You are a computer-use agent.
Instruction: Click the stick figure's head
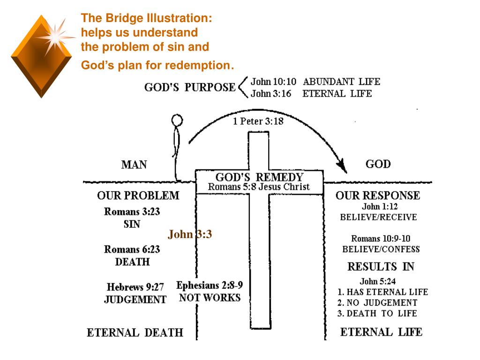[177, 120]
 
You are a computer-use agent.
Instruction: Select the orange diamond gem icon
[41, 57]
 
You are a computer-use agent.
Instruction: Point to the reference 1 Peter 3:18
[258, 121]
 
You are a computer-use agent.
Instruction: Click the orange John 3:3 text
[190, 234]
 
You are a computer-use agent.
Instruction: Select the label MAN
[134, 165]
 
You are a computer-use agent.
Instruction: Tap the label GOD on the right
[378, 164]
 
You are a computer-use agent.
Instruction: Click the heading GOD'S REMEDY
[259, 178]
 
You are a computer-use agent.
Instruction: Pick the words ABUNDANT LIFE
[341, 82]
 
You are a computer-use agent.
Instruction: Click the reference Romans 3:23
[132, 211]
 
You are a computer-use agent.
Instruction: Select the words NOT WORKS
[210, 298]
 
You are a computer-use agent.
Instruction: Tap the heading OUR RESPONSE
[378, 195]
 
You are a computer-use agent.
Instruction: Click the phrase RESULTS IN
[381, 267]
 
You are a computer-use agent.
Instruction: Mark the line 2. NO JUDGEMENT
[377, 303]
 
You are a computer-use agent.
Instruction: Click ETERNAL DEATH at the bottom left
[135, 333]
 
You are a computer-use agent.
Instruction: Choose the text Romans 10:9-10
[381, 238]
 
